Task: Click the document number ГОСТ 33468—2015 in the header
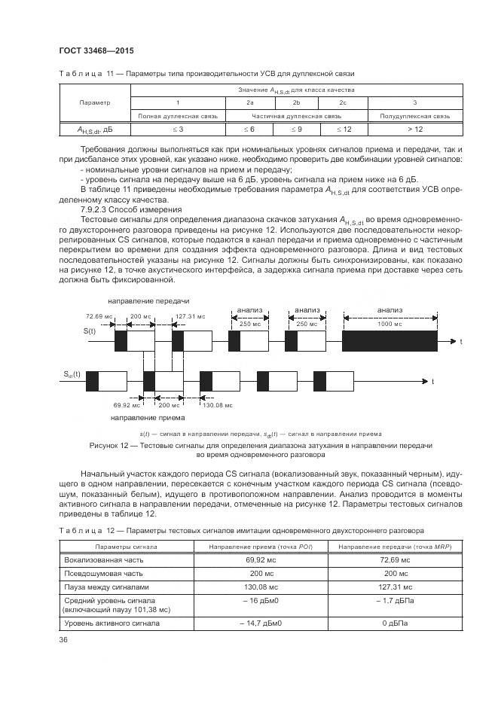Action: click(x=90, y=50)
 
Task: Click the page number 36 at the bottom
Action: click(x=63, y=640)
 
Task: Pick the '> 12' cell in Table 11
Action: click(x=414, y=129)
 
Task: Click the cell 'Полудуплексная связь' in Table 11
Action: click(x=414, y=116)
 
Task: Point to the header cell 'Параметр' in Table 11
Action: click(x=94, y=102)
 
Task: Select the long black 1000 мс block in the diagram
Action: click(x=390, y=341)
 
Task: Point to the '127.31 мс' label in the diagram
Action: click(x=191, y=316)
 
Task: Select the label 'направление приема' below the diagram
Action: click(x=143, y=417)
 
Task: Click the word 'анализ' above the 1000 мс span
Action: click(x=390, y=309)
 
